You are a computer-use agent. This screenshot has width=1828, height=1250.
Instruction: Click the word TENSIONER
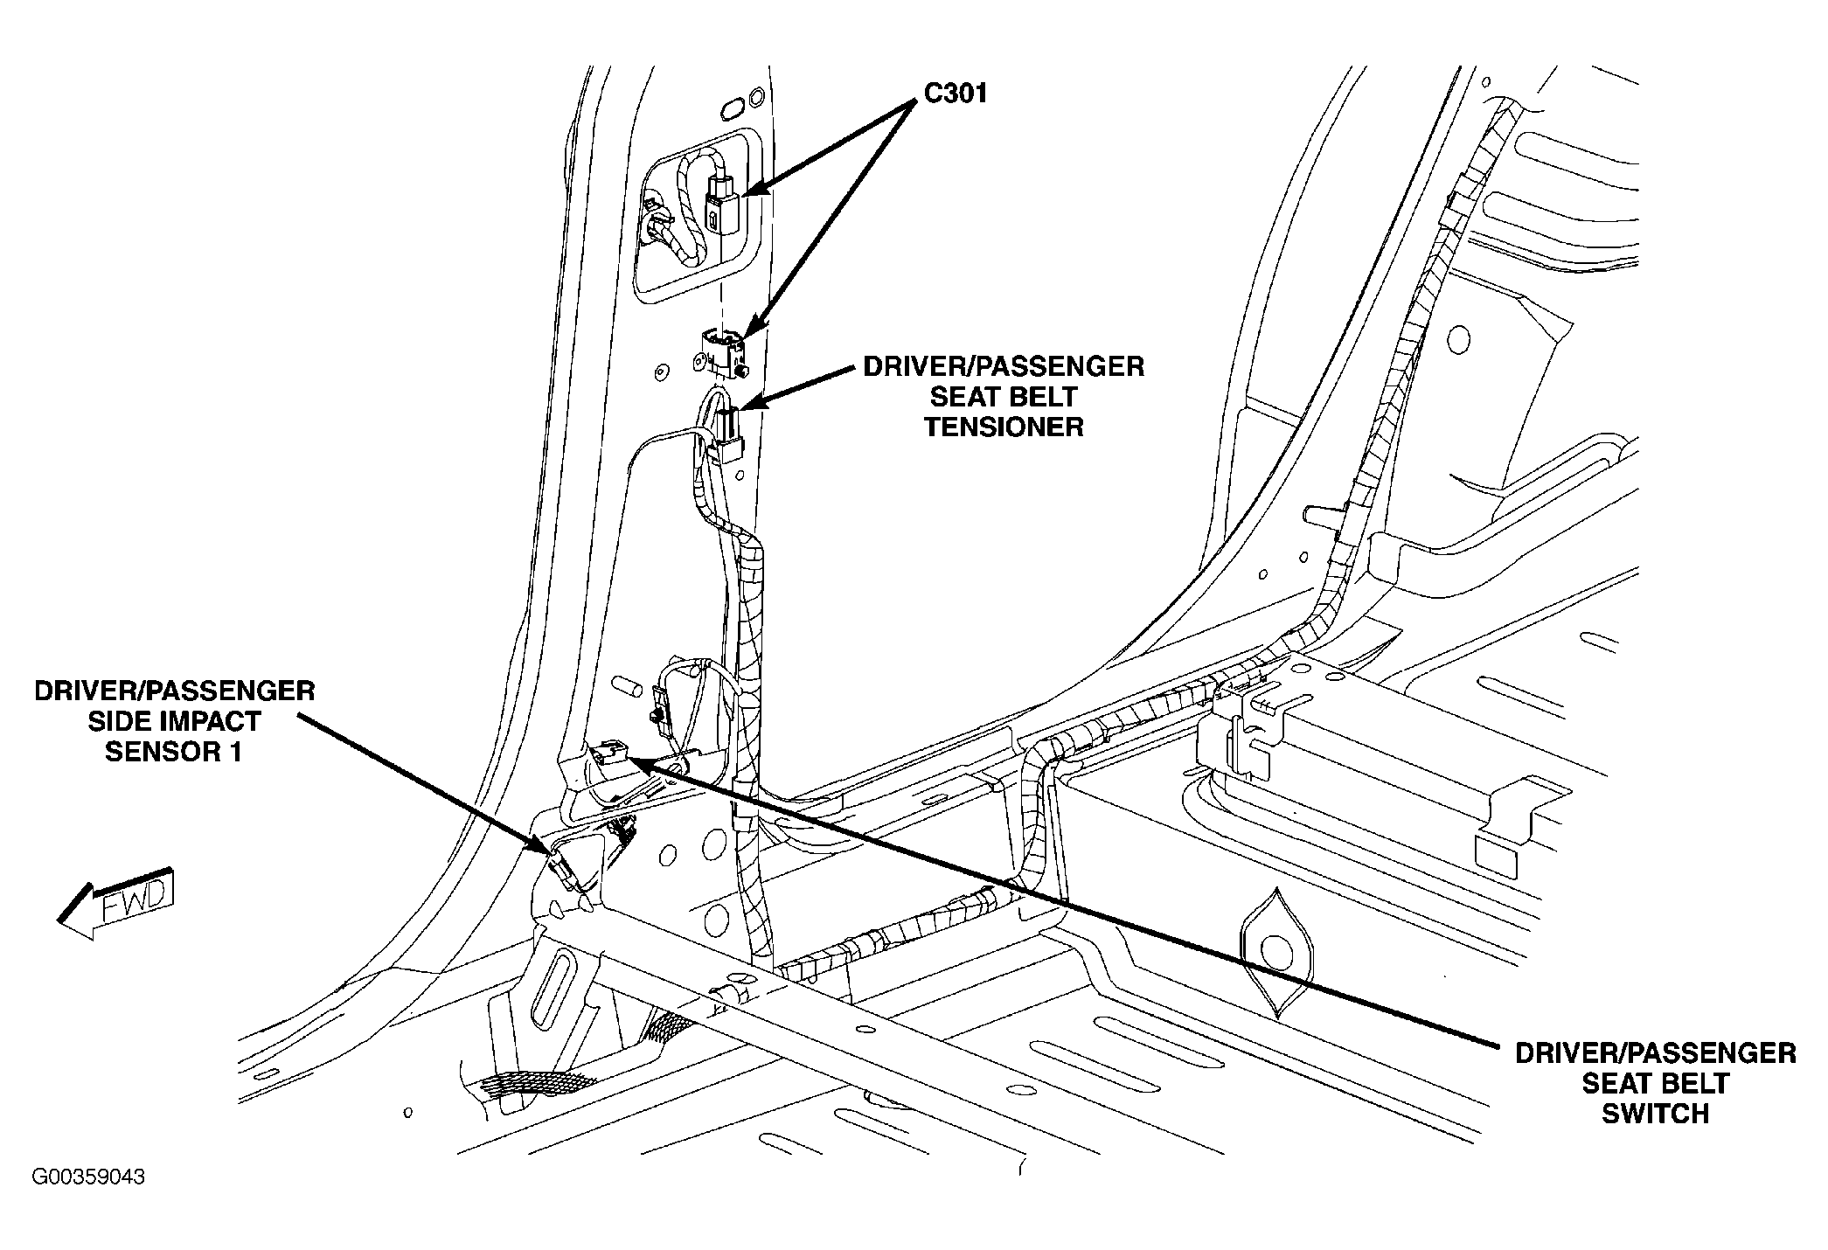click(1003, 427)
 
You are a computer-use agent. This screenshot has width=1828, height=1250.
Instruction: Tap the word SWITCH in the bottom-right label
click(1654, 1114)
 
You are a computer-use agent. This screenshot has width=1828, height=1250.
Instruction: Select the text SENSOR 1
click(173, 752)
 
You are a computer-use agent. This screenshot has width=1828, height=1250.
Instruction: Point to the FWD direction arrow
click(118, 905)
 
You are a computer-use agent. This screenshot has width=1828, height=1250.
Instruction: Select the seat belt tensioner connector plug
click(727, 437)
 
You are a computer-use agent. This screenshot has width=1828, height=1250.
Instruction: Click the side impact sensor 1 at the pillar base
click(562, 867)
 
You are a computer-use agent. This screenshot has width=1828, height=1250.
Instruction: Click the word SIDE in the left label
click(116, 721)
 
